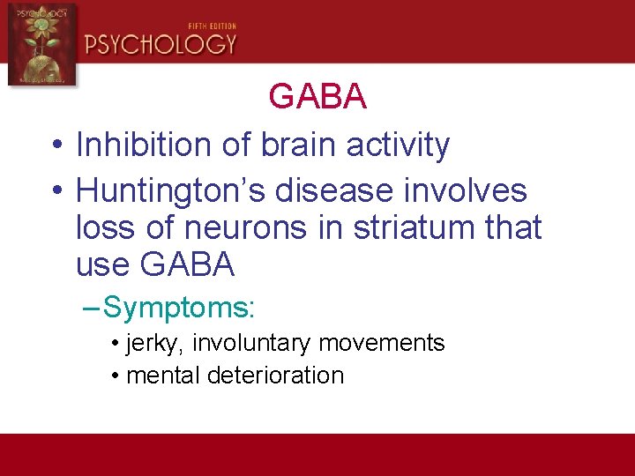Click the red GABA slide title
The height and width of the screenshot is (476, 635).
[x=317, y=97]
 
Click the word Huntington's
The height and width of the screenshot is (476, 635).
[x=168, y=190]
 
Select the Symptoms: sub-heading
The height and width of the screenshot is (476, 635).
[x=178, y=308]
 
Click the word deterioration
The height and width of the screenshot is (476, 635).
[x=275, y=376]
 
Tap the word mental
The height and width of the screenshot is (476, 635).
[x=163, y=376]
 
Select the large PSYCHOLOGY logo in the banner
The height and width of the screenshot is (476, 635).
[x=161, y=45]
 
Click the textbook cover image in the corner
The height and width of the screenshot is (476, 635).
[x=41, y=44]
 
